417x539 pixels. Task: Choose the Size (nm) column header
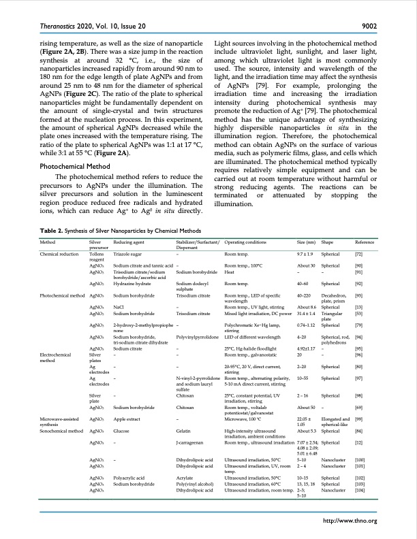307,242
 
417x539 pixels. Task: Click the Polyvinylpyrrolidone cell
197,336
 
